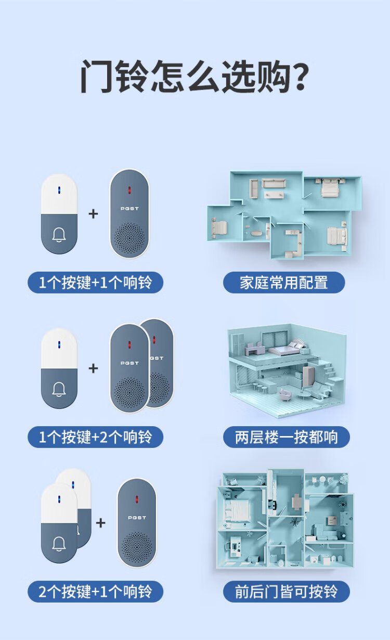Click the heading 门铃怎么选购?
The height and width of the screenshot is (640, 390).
coord(194,76)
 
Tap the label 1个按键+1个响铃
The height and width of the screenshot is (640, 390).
coord(95,283)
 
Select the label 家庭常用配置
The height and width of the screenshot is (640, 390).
coord(284,283)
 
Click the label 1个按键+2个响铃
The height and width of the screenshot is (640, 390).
coord(95,437)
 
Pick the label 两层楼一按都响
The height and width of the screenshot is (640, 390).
coord(287,437)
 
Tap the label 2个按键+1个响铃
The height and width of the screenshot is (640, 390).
coord(95,592)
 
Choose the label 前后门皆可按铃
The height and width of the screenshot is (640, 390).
coord(287,592)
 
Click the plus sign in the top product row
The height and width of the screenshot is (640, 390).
coord(94,214)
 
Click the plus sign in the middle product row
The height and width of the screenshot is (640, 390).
coord(94,368)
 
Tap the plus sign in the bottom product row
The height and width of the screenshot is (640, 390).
coord(100,523)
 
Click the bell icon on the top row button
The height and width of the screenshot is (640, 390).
coord(59,235)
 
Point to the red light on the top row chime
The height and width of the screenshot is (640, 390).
coord(129,190)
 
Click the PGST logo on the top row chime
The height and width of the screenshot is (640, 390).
coord(129,209)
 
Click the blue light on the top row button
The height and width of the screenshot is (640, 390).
coord(59,190)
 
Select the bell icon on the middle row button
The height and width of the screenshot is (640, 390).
coord(59,389)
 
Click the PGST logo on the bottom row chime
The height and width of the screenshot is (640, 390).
coord(137,518)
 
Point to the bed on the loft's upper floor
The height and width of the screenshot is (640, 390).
coord(287,347)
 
